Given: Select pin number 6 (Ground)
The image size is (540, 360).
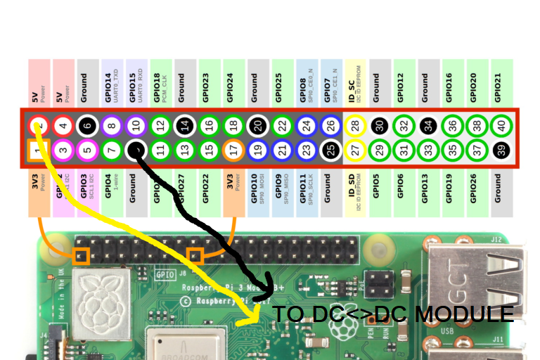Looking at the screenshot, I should coord(87,127).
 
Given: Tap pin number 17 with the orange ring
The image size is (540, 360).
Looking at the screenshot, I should coord(232,150).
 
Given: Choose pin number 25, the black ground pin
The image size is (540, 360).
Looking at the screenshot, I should coord(328,150).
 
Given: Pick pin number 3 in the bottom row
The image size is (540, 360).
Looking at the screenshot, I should coord(63,150).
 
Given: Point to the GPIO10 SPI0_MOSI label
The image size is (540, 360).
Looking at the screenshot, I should coord(257,188).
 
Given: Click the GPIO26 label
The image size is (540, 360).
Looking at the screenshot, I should coord(473,188).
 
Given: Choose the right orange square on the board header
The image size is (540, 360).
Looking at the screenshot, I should coord(195,255).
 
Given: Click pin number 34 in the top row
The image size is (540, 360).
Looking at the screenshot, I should coord(425,127).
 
